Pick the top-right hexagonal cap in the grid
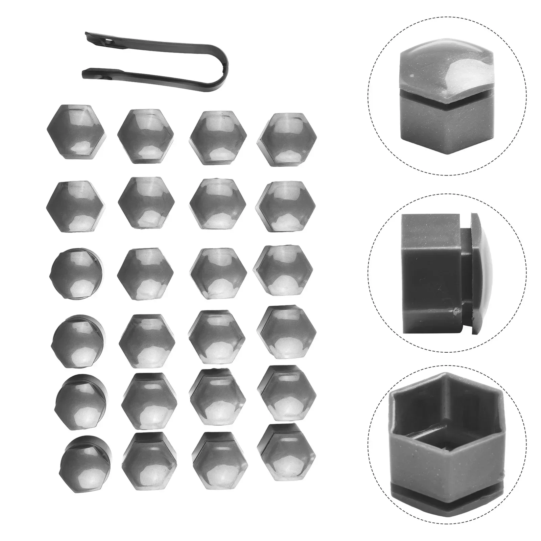coord(288,138)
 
